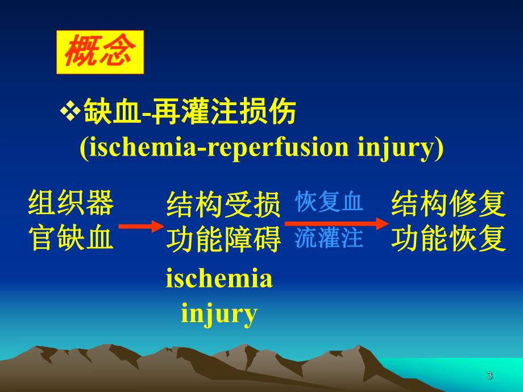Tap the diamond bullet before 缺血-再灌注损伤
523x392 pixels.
click(70, 112)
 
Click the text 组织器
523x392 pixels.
click(70, 204)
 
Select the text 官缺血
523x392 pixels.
click(70, 240)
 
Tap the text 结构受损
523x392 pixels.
click(223, 205)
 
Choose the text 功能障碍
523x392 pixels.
click(223, 240)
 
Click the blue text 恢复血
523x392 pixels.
click(329, 203)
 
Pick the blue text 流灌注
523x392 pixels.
click(329, 239)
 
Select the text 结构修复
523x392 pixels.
click(448, 205)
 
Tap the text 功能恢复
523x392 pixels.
click(448, 240)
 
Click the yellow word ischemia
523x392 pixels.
click(219, 280)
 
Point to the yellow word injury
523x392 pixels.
click(219, 313)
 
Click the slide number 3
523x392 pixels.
click(489, 376)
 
